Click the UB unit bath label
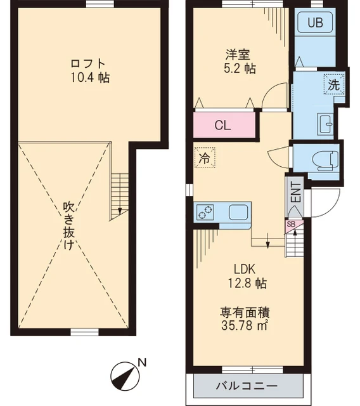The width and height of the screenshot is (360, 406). (x=315, y=23)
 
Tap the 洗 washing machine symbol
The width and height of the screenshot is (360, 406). (x=333, y=84)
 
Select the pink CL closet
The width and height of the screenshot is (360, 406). (x=223, y=125)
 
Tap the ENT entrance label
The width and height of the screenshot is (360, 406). (x=295, y=192)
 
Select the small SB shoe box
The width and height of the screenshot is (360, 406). (x=290, y=224)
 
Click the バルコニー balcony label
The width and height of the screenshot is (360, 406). (x=247, y=386)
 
